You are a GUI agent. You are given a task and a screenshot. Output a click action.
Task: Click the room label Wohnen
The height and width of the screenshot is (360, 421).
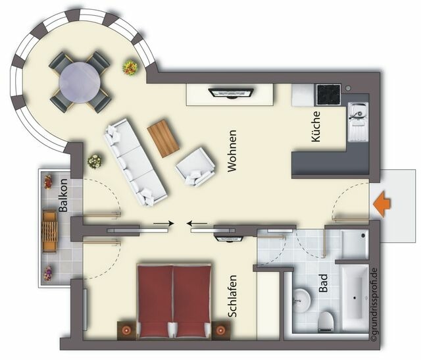(231, 151)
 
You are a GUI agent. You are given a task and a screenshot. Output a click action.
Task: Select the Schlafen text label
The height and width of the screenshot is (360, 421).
(232, 296)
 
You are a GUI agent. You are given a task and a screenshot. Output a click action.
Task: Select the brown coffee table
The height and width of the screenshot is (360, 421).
(163, 138)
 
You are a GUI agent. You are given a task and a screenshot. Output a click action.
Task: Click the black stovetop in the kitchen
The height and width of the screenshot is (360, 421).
(328, 95)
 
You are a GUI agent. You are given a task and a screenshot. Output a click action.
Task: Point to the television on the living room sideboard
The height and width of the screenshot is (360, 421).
(229, 91)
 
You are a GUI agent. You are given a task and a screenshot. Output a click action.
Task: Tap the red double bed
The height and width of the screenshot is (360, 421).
(174, 299)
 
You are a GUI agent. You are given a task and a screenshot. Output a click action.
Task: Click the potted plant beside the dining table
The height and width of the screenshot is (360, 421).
(129, 66)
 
